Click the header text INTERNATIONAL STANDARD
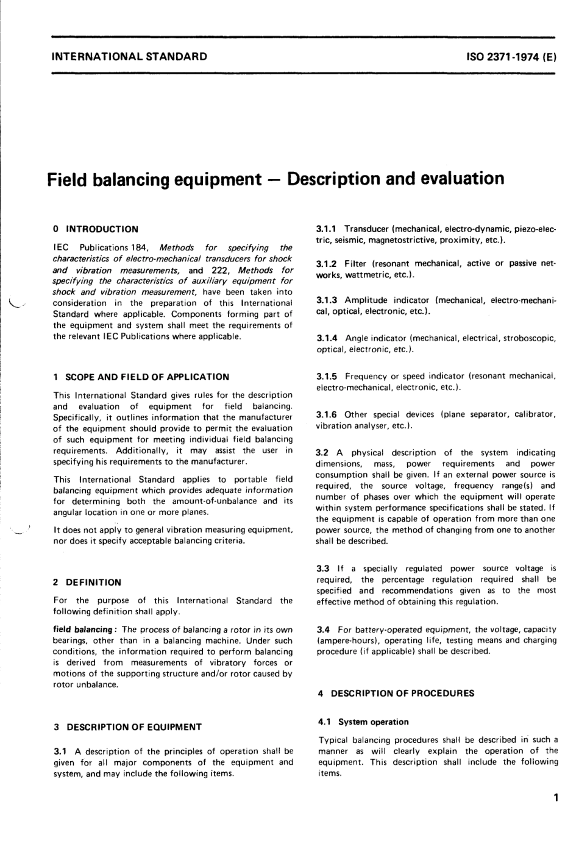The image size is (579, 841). point(129,57)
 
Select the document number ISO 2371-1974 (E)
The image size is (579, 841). point(510,57)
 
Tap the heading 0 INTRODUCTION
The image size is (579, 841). point(96,229)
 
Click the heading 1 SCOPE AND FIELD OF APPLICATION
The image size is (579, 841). point(141,377)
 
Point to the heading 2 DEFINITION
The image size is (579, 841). point(87,582)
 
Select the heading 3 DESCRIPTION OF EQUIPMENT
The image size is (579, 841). point(127,726)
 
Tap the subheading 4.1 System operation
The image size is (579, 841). point(363,722)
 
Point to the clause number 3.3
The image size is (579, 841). point(323,568)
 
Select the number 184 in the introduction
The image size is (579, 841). point(138,247)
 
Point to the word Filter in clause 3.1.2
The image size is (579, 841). point(356,263)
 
